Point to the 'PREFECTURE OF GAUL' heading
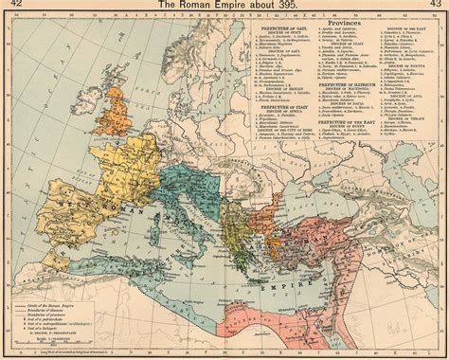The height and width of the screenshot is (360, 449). (x=285, y=29)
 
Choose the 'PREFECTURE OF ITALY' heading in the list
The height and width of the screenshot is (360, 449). (x=285, y=108)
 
